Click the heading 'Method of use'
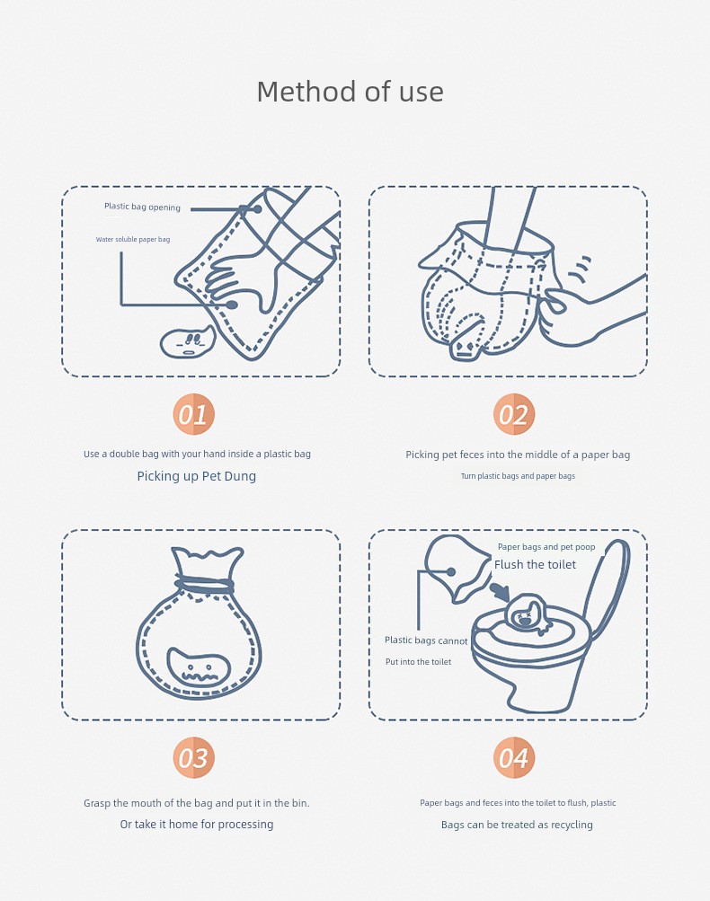click(350, 92)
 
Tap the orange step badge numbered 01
click(194, 414)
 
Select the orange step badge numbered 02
click(514, 414)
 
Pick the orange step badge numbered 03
click(194, 758)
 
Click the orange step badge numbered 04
click(514, 758)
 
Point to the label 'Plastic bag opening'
click(142, 207)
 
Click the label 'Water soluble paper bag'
click(133, 239)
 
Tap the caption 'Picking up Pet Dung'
click(197, 476)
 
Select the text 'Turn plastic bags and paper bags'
click(518, 476)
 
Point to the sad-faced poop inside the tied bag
click(199, 667)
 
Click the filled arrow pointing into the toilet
click(500, 592)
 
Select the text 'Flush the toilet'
click(535, 565)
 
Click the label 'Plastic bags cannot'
click(426, 640)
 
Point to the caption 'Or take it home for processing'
click(197, 824)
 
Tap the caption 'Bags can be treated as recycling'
click(517, 825)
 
